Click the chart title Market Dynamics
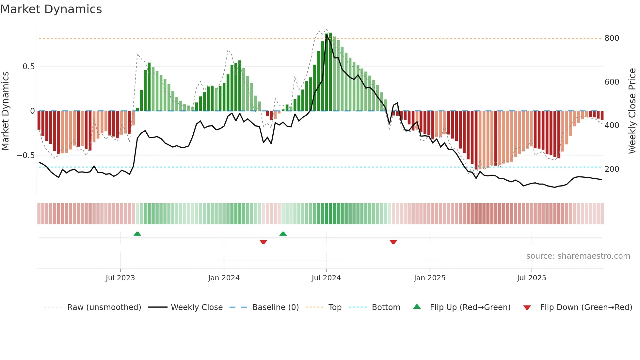51,9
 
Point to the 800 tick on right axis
612,38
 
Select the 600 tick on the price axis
612,82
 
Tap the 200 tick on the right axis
612,169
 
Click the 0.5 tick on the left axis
28,67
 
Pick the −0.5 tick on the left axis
25,155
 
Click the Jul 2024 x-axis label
326,278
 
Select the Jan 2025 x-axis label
429,278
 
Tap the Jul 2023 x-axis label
120,278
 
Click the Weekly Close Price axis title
632,111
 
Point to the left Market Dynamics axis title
5,111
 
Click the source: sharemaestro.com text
578,256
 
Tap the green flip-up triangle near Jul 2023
137,234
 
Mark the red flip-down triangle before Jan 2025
393,242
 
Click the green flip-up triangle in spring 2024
283,234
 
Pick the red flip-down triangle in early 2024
263,242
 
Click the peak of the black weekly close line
326,35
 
